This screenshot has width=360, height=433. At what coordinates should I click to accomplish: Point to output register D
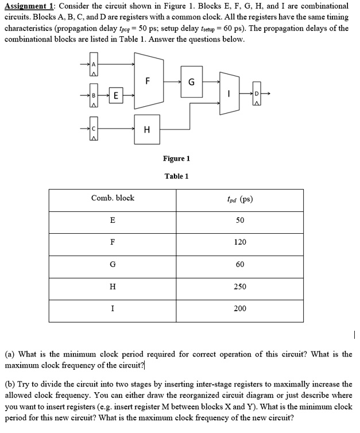pos(256,96)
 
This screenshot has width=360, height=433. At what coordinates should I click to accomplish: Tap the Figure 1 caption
pos(176,158)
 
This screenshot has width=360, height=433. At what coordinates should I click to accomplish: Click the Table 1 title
pos(176,176)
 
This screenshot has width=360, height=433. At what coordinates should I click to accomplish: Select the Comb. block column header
pos(113,198)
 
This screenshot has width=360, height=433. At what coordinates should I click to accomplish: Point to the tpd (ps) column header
pos(239,199)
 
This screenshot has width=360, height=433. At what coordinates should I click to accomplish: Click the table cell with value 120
pos(240,242)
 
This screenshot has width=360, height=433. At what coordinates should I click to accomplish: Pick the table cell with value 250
pos(240,287)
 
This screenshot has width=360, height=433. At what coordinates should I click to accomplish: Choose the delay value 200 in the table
pos(240,308)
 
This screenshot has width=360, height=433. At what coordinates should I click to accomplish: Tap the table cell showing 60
pos(240,264)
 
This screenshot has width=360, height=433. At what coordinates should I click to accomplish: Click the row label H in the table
pos(113,287)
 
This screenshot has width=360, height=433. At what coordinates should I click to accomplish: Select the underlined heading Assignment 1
pos(29,5)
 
